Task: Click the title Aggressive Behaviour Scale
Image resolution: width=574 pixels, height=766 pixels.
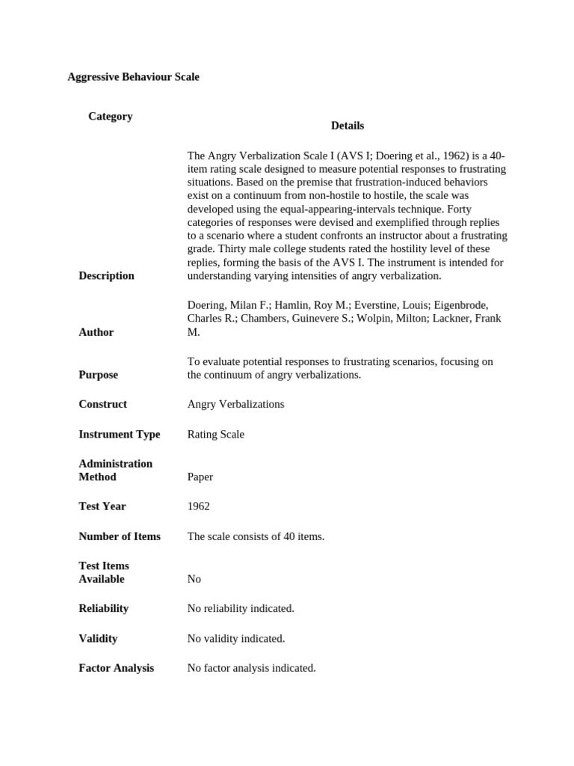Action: point(133,77)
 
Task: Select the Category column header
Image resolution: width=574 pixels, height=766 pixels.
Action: point(110,117)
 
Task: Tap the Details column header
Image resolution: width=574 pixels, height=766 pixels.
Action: point(347,126)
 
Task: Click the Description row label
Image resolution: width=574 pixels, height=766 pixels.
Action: point(106,276)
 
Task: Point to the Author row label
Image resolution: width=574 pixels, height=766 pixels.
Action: point(96,332)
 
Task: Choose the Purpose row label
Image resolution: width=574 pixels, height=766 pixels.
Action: point(98,375)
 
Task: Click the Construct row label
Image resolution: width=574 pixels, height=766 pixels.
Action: point(102,405)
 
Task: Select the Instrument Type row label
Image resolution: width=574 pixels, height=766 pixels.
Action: point(119,435)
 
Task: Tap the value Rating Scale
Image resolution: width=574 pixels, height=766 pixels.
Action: point(215,435)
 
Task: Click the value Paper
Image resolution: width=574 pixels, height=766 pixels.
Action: point(200,477)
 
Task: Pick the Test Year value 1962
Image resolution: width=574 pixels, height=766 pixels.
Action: point(198,506)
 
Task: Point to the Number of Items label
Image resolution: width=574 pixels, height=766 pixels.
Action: point(119,536)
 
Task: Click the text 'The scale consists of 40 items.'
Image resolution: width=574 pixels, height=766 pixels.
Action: point(256,536)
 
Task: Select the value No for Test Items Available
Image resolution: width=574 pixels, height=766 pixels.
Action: point(194,579)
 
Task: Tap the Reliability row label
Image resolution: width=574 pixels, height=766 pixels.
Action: point(103,609)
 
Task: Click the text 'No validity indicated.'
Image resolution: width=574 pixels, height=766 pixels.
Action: point(235,639)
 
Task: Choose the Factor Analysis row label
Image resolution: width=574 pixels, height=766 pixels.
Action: point(116,668)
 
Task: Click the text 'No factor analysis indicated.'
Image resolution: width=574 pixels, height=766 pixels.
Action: point(251,668)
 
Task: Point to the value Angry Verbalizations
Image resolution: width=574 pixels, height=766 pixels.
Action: point(235,405)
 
